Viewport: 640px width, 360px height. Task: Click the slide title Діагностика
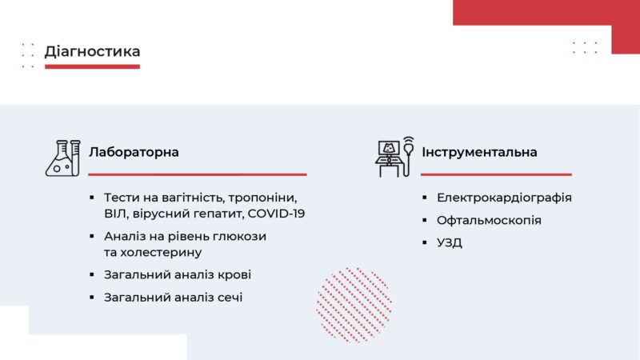92,51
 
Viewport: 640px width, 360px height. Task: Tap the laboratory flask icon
63,158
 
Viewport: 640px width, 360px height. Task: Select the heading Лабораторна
134,152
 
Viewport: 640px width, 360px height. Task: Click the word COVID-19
276,214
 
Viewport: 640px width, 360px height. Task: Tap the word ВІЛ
115,214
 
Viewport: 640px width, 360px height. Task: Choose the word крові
234,274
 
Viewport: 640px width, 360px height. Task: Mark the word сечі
228,297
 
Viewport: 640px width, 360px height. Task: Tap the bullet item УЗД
450,242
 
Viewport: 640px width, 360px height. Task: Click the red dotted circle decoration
354,304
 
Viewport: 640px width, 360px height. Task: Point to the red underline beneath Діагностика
92,67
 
